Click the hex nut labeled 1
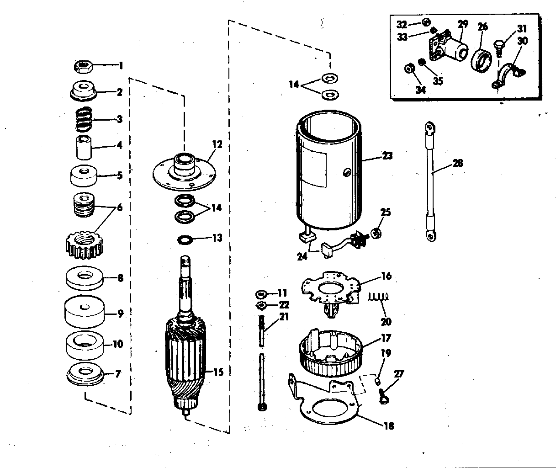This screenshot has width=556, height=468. click(83, 67)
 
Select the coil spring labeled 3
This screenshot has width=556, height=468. click(84, 119)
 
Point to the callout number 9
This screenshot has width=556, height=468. click(120, 314)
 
